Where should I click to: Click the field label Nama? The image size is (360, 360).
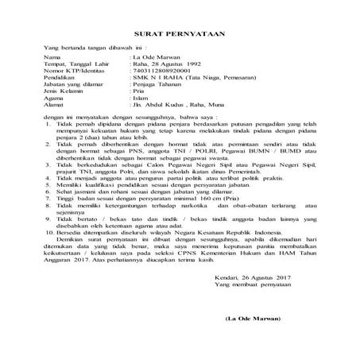click(52, 59)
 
